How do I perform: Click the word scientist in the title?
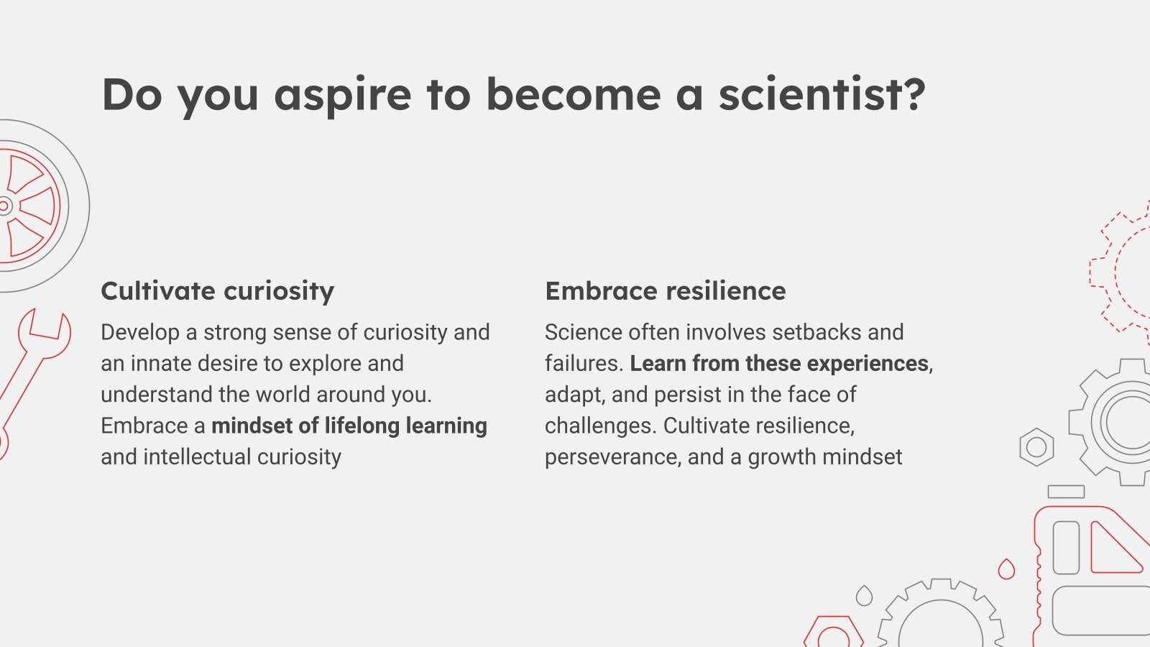tap(811, 94)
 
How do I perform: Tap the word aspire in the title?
tap(343, 98)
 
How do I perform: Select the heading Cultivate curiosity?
tap(218, 291)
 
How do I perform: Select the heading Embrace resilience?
tap(666, 290)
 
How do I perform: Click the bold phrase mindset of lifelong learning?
tap(349, 426)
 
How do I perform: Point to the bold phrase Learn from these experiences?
tap(779, 364)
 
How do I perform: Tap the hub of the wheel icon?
tap(4, 206)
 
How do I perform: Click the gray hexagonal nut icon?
tap(1036, 447)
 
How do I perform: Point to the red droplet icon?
tap(1006, 569)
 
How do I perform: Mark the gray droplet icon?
tap(864, 596)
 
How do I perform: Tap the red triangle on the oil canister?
tap(1117, 549)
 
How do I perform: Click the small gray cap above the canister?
tap(1066, 492)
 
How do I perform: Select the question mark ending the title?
tap(916, 94)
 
